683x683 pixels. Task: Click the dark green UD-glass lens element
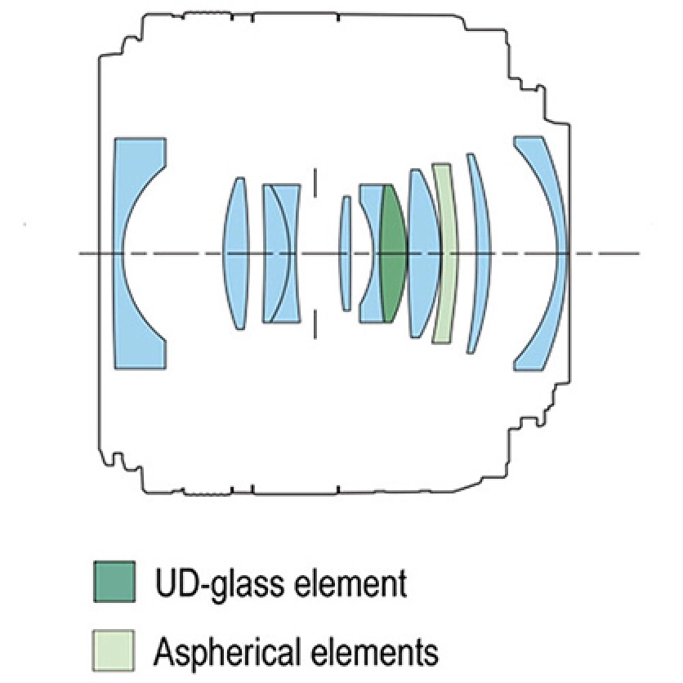(394, 253)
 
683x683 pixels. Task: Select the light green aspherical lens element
(444, 253)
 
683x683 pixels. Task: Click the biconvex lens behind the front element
(237, 253)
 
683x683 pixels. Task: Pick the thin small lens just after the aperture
(346, 253)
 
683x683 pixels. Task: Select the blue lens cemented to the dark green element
(368, 253)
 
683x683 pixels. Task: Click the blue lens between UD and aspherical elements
(422, 253)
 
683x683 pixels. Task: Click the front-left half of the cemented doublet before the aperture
(270, 253)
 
